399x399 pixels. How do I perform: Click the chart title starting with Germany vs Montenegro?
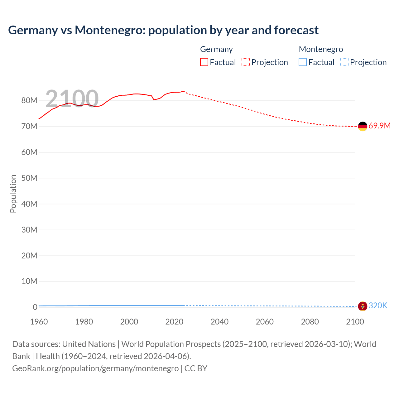[163, 30]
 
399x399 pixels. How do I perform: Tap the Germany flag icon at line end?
[363, 126]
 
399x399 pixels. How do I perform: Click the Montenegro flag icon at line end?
[363, 306]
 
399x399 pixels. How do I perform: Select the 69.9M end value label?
[379, 126]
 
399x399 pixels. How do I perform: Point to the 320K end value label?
[378, 306]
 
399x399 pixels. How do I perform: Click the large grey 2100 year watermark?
[72, 99]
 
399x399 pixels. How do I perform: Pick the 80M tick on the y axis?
[29, 101]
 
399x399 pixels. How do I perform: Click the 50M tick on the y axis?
[29, 178]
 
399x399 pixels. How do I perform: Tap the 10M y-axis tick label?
[29, 281]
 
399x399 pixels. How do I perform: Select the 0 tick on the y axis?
[35, 307]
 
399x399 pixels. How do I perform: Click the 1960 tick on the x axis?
[39, 322]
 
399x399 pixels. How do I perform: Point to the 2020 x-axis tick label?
[174, 322]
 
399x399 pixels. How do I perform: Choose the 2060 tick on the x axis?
[265, 322]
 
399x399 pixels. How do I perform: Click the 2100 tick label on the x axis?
[355, 322]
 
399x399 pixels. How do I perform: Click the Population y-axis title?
[13, 194]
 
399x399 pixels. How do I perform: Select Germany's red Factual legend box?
[204, 62]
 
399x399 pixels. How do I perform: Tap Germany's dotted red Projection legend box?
[246, 62]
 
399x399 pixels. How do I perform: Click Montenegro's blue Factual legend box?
[303, 62]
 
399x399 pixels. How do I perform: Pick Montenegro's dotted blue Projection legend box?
[344, 62]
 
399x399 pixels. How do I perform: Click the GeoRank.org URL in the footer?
[95, 368]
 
